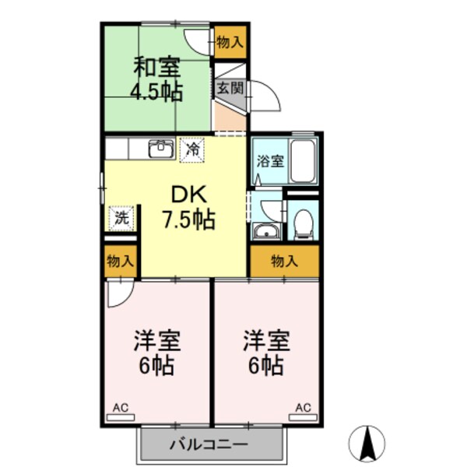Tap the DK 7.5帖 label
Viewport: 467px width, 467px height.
[x=188, y=207]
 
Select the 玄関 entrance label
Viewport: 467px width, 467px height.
[x=230, y=87]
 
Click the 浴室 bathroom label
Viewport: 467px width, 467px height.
[x=270, y=163]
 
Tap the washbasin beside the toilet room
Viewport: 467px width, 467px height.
[x=267, y=231]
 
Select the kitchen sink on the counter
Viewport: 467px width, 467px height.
[x=161, y=148]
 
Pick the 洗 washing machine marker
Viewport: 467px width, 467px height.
[x=121, y=218]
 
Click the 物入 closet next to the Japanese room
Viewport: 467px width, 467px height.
[x=230, y=41]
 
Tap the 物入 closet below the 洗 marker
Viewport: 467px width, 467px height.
[x=121, y=261]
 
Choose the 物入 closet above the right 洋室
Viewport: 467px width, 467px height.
[x=284, y=262]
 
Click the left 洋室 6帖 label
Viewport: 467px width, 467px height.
[x=157, y=352]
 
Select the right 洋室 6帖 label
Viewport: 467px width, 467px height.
[x=266, y=352]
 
